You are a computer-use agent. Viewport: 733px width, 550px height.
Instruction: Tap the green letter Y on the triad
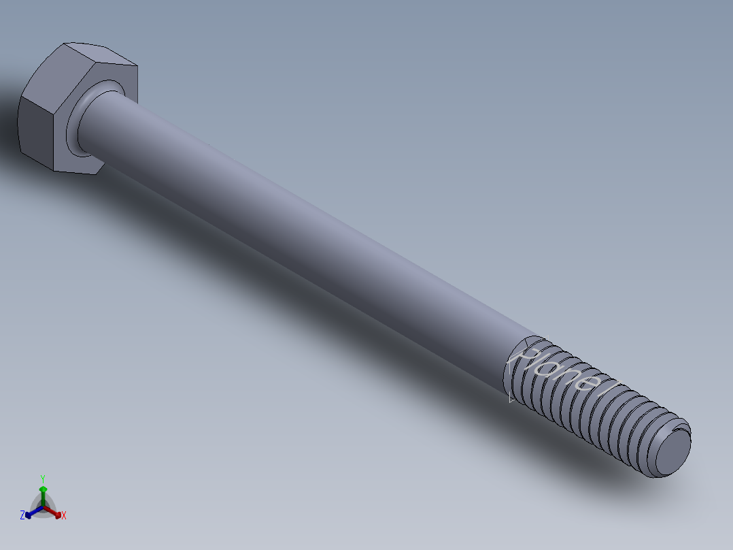[42, 479]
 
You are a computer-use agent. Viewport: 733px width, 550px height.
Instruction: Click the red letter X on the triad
[64, 516]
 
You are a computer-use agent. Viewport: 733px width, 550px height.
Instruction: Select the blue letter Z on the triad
[22, 515]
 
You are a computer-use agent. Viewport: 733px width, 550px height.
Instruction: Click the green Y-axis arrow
[43, 493]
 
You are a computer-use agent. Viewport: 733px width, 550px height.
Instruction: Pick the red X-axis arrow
[56, 513]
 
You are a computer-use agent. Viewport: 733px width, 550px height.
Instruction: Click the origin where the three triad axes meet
[43, 508]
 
